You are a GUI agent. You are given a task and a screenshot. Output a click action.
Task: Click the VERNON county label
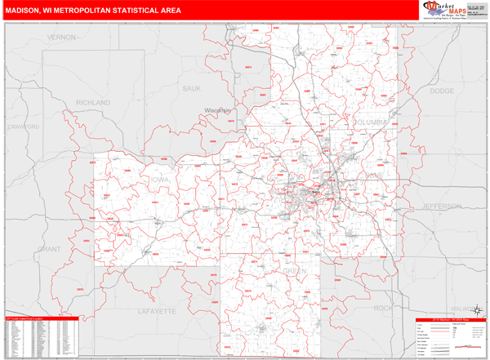click(61, 38)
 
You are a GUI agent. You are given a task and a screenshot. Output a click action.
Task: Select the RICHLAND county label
click(92, 102)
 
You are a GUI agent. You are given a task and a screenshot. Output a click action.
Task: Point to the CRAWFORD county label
click(23, 127)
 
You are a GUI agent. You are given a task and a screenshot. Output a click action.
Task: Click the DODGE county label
click(441, 91)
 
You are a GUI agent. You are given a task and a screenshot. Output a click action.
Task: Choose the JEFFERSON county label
click(442, 206)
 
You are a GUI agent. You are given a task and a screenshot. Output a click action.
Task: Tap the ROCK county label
click(382, 308)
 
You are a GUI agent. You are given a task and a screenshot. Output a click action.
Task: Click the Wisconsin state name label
click(219, 110)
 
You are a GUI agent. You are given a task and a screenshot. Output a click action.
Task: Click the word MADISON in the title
click(29, 11)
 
